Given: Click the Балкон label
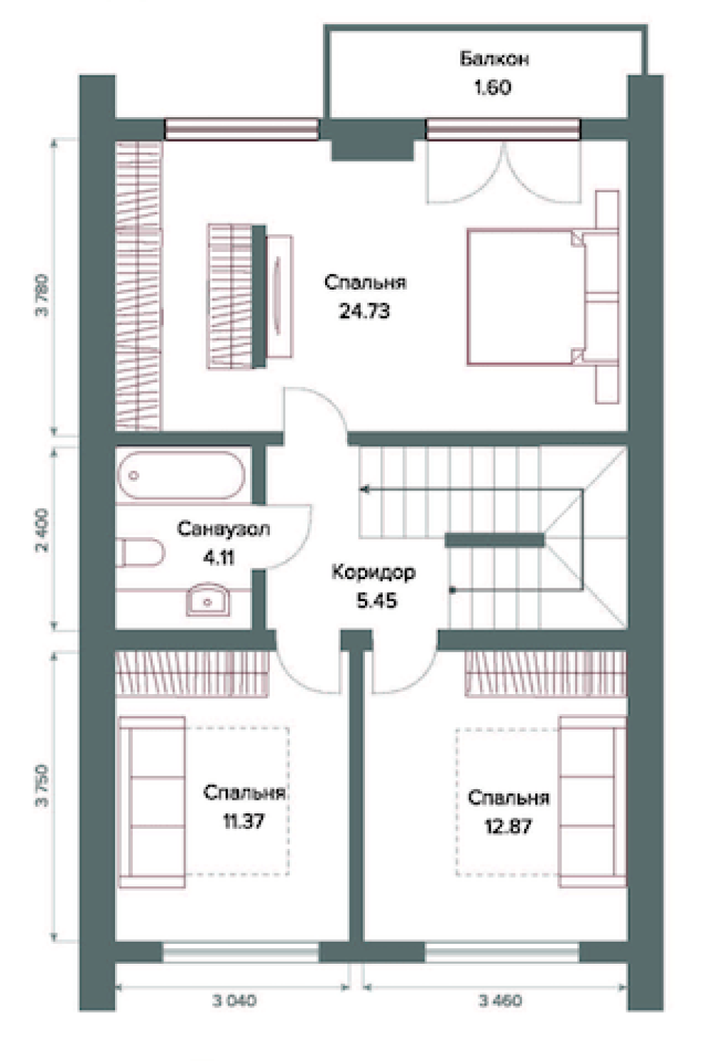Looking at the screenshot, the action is [x=494, y=59].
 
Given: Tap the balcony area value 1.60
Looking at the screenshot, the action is [x=493, y=87].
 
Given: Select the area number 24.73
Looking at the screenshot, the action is [x=364, y=311].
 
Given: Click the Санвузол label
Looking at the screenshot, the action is [x=223, y=528].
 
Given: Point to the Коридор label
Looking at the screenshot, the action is [x=373, y=572].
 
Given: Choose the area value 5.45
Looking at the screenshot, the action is [x=377, y=600].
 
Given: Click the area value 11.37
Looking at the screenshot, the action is [x=244, y=821].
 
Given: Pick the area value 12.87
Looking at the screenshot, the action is [x=508, y=826].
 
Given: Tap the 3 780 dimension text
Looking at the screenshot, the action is [x=42, y=295].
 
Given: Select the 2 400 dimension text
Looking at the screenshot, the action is [x=42, y=530].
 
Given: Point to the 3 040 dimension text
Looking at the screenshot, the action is [x=234, y=1001].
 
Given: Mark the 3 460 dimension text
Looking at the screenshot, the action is [x=501, y=1001].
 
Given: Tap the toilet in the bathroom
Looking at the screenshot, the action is [x=141, y=552].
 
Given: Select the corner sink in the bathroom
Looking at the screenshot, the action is [x=207, y=600].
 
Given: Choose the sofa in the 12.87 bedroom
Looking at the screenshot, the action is [x=592, y=801].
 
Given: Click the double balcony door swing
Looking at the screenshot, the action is [x=503, y=173].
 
